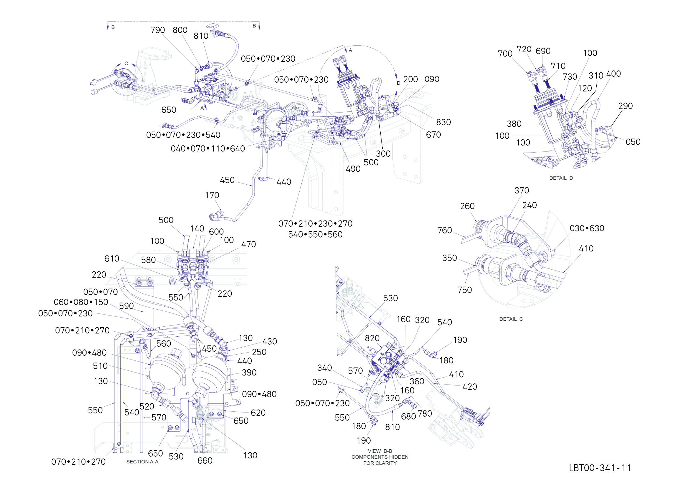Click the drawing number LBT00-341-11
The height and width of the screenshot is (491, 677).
pos(600,468)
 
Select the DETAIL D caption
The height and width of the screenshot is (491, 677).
pos(561,178)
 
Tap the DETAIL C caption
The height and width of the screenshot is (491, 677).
pos(511,319)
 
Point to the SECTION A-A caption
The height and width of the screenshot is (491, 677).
pos(142,462)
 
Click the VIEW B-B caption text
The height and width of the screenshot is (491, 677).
pos(380,451)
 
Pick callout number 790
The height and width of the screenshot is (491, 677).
pos(157,30)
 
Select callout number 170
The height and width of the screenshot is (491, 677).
pos(212,195)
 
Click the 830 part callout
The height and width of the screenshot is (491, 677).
pos(444,122)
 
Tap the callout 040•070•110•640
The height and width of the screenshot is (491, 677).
pos(208,148)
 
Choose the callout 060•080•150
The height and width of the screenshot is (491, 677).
pos(81,302)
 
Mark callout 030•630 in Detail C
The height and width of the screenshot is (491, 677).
pos(587,228)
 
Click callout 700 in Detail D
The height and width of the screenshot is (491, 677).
pos(505,54)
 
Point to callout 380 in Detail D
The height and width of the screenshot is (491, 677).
pos(514,124)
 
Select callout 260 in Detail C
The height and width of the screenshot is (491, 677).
pos(467,206)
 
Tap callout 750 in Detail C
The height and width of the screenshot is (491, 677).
pos(465,290)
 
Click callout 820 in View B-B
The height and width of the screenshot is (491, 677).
pos(372,338)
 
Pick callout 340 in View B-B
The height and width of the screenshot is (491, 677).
pos(325,368)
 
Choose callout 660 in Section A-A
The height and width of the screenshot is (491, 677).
pos(205,461)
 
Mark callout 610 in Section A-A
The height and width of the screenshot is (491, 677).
pos(112,258)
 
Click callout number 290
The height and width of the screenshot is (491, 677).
pos(626,106)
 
